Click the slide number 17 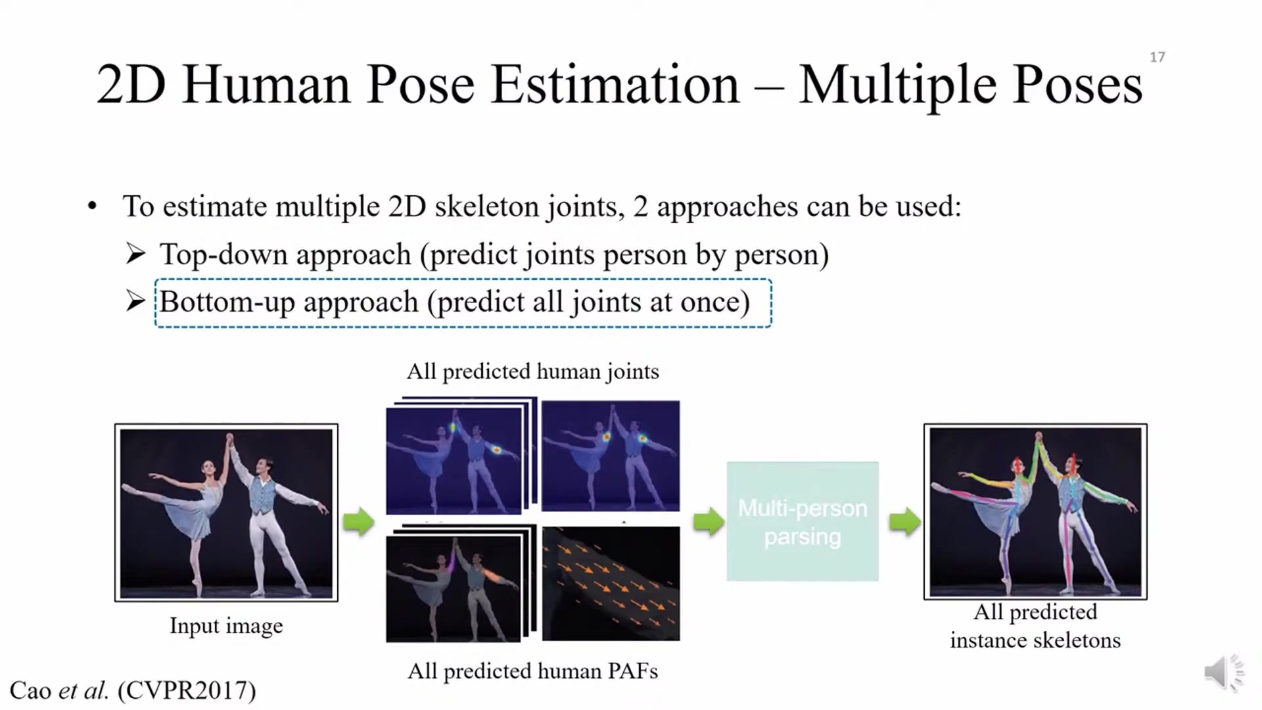tap(1157, 57)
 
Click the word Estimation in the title tap(615, 85)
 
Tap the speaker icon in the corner tap(1224, 673)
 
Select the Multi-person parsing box tap(803, 521)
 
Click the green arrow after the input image tap(358, 522)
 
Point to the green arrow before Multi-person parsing tap(709, 522)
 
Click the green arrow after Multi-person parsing tap(904, 522)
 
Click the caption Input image tap(226, 626)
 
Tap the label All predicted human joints tap(532, 371)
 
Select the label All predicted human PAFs tap(532, 671)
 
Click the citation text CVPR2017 tap(187, 690)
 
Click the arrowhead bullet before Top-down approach tap(135, 254)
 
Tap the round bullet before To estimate tap(92, 206)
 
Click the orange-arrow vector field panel tap(611, 583)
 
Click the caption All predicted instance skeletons tap(1035, 626)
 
